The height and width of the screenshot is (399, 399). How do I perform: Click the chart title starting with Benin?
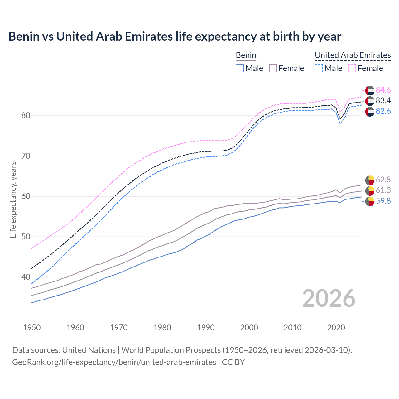click(x=175, y=36)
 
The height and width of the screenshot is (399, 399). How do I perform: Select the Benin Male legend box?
click(x=239, y=68)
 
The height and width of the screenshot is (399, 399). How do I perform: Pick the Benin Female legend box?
click(x=273, y=68)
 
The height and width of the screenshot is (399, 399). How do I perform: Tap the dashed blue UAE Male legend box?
click(x=319, y=68)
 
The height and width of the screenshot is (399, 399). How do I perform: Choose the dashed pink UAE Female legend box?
click(x=352, y=68)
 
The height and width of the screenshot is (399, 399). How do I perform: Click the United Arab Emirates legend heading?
click(x=353, y=55)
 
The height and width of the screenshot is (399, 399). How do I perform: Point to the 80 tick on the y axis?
click(x=26, y=115)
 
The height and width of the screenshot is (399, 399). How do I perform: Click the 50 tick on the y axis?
click(x=26, y=237)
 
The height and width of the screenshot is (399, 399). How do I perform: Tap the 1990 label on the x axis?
click(x=206, y=328)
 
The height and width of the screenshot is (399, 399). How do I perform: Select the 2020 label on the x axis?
click(x=336, y=328)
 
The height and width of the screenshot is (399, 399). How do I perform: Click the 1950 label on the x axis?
click(x=32, y=328)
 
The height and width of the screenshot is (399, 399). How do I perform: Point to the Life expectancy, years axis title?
click(x=13, y=199)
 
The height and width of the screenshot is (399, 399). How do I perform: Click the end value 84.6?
click(x=383, y=90)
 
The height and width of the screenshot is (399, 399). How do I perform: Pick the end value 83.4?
click(x=383, y=101)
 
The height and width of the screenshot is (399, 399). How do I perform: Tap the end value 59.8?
click(x=383, y=201)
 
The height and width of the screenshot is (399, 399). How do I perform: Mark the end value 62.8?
click(x=383, y=180)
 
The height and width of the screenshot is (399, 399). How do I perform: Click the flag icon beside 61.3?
click(x=370, y=191)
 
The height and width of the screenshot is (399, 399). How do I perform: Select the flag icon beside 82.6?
click(x=370, y=112)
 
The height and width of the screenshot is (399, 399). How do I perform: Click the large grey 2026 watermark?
click(x=329, y=298)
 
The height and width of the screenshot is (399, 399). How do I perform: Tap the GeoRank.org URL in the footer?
click(x=114, y=362)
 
